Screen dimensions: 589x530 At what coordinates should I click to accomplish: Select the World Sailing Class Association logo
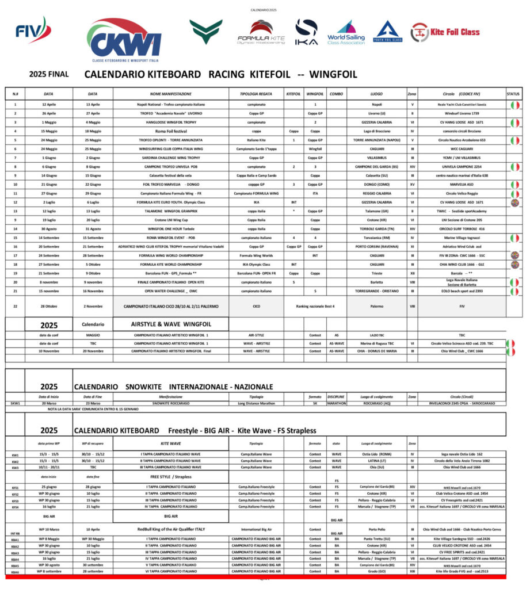pos(346,33)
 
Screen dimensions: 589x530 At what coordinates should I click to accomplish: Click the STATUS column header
pos(513,93)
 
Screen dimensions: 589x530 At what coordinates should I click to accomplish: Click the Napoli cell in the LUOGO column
pos(377,105)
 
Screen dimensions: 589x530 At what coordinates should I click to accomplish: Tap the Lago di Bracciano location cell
pos(377,131)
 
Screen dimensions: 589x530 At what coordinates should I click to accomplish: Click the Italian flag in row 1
pos(514,105)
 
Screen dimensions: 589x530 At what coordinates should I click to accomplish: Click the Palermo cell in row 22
pos(377,307)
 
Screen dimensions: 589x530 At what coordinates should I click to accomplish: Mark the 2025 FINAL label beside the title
pos(49,74)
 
